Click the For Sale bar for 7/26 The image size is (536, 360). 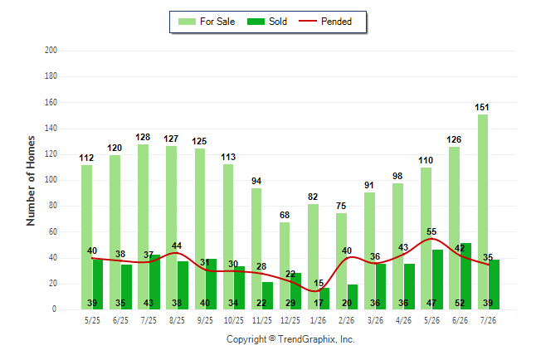click(x=483, y=212)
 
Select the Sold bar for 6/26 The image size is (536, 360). click(x=466, y=276)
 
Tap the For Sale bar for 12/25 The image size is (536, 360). click(x=285, y=266)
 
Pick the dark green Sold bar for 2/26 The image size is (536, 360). click(x=353, y=297)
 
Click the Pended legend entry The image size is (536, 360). click(x=325, y=22)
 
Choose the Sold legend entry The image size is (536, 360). click(x=267, y=22)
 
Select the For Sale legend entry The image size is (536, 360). click(x=207, y=22)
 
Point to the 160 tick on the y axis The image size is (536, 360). click(x=51, y=102)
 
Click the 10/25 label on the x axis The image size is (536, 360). click(x=234, y=320)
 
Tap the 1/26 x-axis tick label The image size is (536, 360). click(x=319, y=320)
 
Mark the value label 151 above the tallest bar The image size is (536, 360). click(x=481, y=107)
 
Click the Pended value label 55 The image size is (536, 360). click(x=431, y=231)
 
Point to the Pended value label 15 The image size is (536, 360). click(x=319, y=283)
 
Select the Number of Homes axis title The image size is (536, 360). click(x=31, y=181)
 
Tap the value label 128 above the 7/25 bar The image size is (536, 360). click(x=143, y=137)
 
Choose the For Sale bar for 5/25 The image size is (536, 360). click(x=86, y=237)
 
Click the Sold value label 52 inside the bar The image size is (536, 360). click(x=460, y=303)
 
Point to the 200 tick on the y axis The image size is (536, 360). click(x=51, y=51)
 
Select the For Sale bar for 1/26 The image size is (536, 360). click(x=313, y=257)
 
